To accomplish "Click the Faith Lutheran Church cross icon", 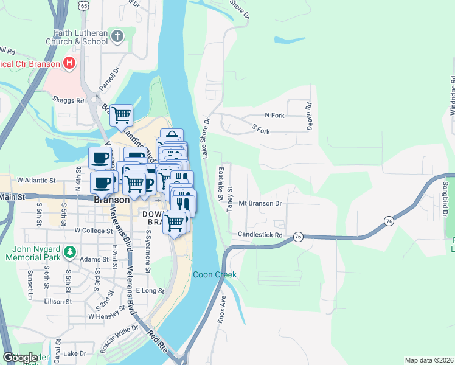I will pyautogui.click(x=118, y=36).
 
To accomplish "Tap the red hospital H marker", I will pyautogui.click(x=70, y=63).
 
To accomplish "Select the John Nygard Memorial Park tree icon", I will pyautogui.click(x=70, y=251).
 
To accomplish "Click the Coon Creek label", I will pyautogui.click(x=215, y=275).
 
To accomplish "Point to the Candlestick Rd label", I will pyautogui.click(x=261, y=235).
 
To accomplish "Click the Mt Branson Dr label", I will pyautogui.click(x=261, y=203).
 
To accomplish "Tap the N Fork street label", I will pyautogui.click(x=274, y=115).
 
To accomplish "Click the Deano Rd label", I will pyautogui.click(x=309, y=113).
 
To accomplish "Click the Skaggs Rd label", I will pyautogui.click(x=67, y=99).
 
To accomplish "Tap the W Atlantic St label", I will pyautogui.click(x=36, y=181).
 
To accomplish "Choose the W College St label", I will pyautogui.click(x=94, y=231).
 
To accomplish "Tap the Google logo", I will pyautogui.click(x=20, y=358).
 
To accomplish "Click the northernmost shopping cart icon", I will pyautogui.click(x=122, y=114).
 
